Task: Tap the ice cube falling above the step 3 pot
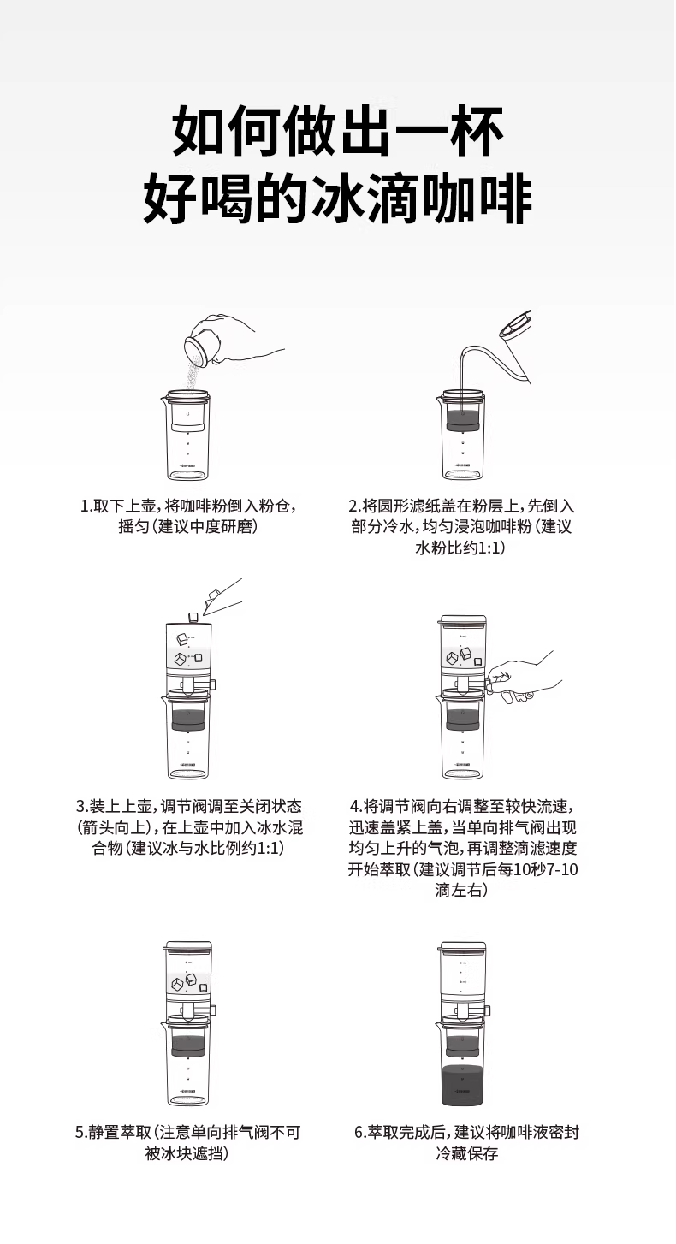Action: pyautogui.click(x=193, y=617)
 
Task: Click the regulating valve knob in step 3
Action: pyautogui.click(x=213, y=683)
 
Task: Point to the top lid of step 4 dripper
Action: pyautogui.click(x=463, y=619)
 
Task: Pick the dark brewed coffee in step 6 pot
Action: pyautogui.click(x=463, y=1086)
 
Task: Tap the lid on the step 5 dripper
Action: pyautogui.click(x=188, y=945)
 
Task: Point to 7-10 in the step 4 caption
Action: pyautogui.click(x=562, y=870)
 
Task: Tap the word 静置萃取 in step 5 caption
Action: pyautogui.click(x=120, y=1133)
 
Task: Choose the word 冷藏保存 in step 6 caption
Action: pyautogui.click(x=466, y=1153)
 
